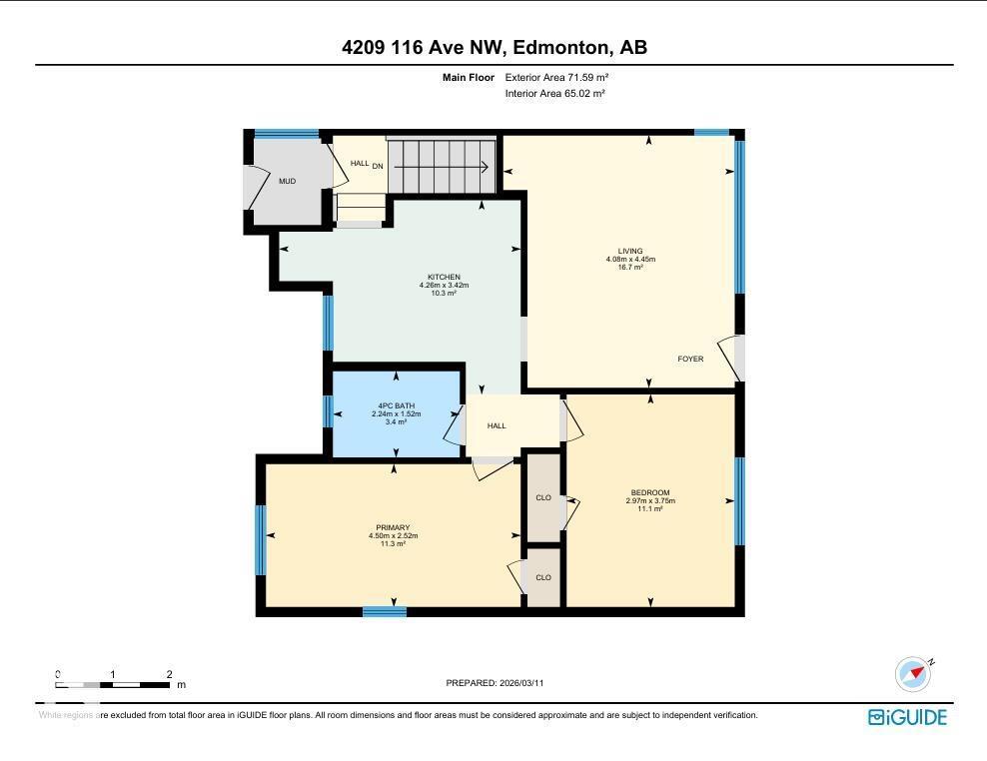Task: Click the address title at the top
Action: pyautogui.click(x=493, y=47)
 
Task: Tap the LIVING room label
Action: pyautogui.click(x=629, y=252)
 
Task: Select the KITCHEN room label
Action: pyautogui.click(x=444, y=278)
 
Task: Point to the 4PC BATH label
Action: pyautogui.click(x=396, y=405)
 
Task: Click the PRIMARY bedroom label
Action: pyautogui.click(x=393, y=528)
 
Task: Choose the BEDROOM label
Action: pyautogui.click(x=649, y=492)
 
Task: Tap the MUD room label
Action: pyautogui.click(x=287, y=182)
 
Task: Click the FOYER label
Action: pyautogui.click(x=690, y=359)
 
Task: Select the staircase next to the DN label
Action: pyautogui.click(x=441, y=165)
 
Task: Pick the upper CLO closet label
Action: pyautogui.click(x=543, y=497)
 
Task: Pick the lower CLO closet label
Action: pyautogui.click(x=543, y=577)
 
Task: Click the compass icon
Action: pyautogui.click(x=913, y=674)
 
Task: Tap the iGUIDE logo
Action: pyautogui.click(x=907, y=717)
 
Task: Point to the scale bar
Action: pyautogui.click(x=113, y=684)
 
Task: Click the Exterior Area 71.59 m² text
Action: pyautogui.click(x=556, y=77)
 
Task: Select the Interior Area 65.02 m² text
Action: pyautogui.click(x=554, y=93)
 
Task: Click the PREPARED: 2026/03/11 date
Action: pyautogui.click(x=494, y=683)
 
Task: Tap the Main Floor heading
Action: pyautogui.click(x=469, y=77)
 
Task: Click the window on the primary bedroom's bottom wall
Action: pyautogui.click(x=384, y=611)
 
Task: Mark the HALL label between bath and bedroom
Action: pyautogui.click(x=496, y=425)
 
